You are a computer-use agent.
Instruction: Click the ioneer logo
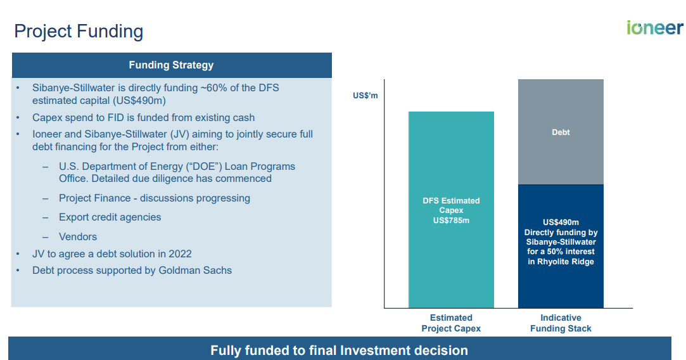[x=654, y=28]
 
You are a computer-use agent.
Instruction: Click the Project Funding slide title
[x=79, y=31]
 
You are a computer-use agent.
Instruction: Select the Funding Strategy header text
[x=171, y=65]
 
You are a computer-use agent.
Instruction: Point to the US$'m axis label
[x=365, y=96]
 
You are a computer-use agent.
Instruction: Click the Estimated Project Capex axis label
[x=451, y=323]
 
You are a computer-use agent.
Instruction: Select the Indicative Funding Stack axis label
[x=561, y=323]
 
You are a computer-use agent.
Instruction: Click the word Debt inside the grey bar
[x=561, y=132]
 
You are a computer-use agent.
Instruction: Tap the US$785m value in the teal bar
[x=451, y=220]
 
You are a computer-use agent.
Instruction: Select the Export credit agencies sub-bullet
[x=110, y=217]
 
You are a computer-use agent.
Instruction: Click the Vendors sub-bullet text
[x=78, y=237]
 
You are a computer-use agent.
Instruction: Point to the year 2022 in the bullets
[x=180, y=254]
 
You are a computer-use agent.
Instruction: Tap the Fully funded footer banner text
[x=339, y=350]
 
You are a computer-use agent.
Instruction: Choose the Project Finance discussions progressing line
[x=154, y=198]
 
